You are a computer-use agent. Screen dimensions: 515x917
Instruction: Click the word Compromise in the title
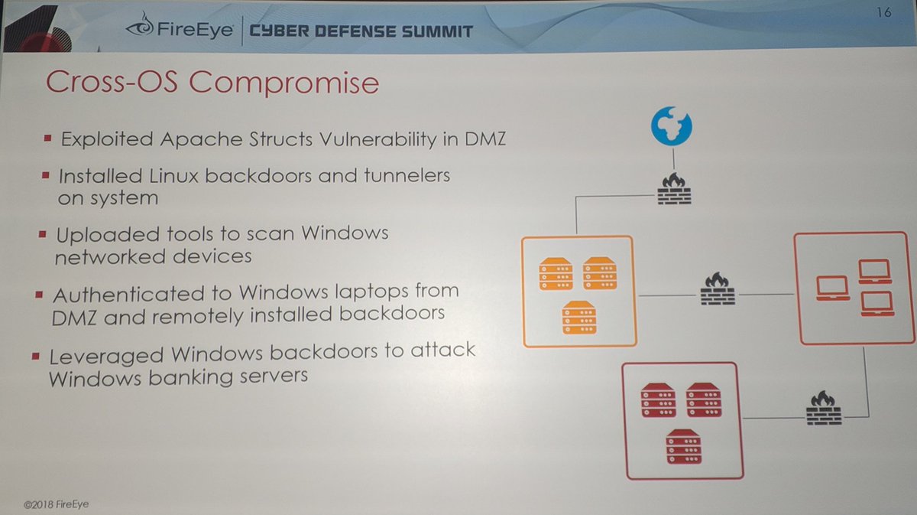[284, 82]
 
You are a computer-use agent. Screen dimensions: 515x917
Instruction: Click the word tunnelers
[404, 175]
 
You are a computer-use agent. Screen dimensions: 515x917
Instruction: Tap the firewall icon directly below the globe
[674, 188]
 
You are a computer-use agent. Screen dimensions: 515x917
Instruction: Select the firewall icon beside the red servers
[822, 409]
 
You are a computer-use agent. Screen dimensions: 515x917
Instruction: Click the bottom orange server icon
[578, 318]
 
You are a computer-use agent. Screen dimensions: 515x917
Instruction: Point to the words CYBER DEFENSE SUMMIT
[361, 31]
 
